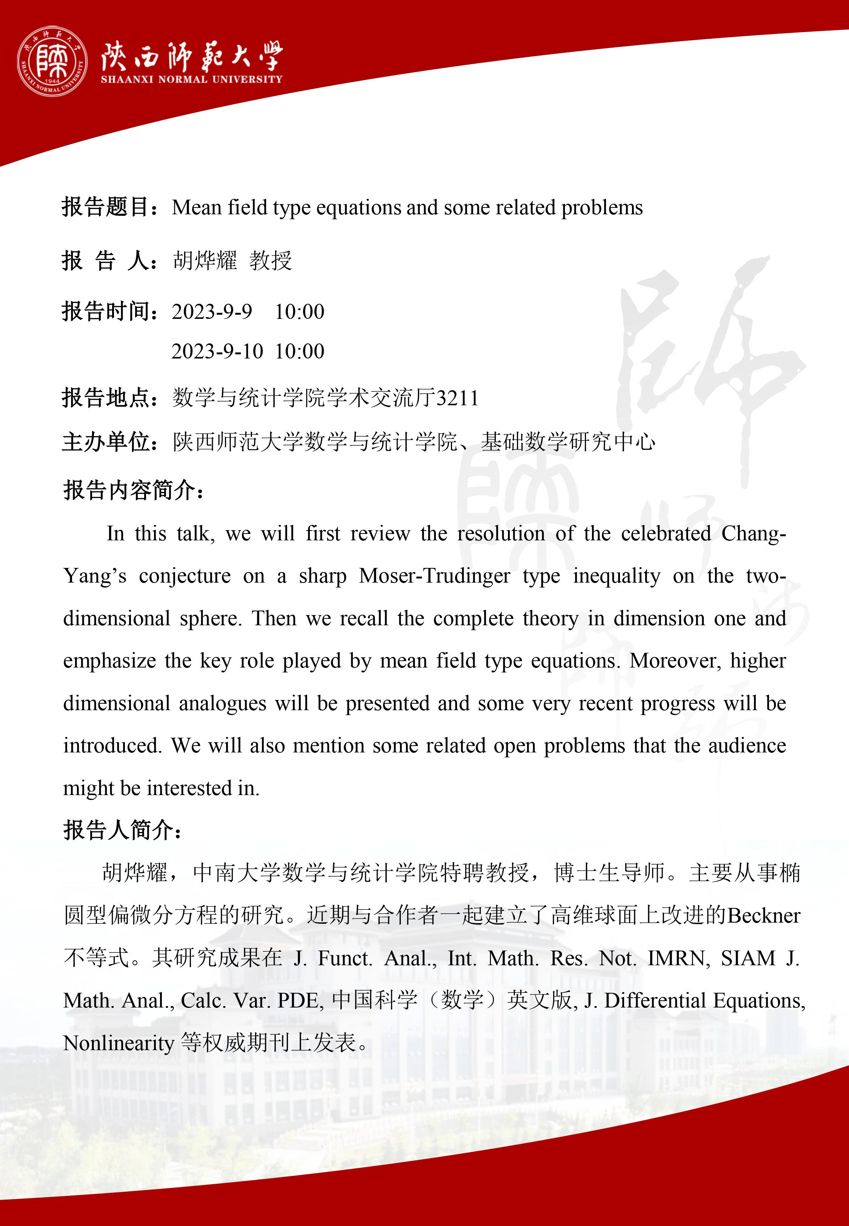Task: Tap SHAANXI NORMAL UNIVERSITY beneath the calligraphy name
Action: tap(192, 79)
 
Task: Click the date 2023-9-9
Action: tap(212, 312)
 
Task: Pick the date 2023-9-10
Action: tap(217, 351)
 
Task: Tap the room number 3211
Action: tap(457, 398)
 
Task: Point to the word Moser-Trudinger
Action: tap(434, 576)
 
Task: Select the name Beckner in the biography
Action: tap(763, 916)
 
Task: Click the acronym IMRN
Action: tap(678, 958)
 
